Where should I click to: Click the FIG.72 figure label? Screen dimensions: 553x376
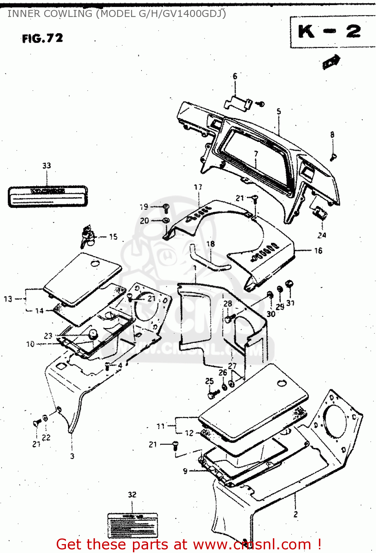click(42, 38)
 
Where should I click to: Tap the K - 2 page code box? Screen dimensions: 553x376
click(329, 32)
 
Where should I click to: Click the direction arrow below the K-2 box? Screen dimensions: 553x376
click(331, 62)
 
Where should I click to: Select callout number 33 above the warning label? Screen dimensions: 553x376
click(46, 166)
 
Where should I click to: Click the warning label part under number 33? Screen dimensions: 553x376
click(48, 196)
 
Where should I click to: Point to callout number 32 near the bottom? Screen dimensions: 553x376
click(132, 494)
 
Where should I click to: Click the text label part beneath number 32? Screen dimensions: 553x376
click(132, 525)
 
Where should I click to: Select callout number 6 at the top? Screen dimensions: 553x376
click(235, 76)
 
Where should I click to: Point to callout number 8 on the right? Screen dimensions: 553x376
click(332, 135)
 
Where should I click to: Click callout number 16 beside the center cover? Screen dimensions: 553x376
click(318, 251)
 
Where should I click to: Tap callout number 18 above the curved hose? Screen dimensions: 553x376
click(210, 244)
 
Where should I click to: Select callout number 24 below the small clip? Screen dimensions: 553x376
click(321, 235)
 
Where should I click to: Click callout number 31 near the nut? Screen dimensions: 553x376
click(290, 303)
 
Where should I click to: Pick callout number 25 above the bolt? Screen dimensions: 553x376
click(209, 381)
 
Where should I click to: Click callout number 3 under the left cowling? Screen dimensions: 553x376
click(72, 456)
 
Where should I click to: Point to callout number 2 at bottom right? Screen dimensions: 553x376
click(295, 514)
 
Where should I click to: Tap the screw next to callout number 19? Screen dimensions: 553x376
click(166, 208)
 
